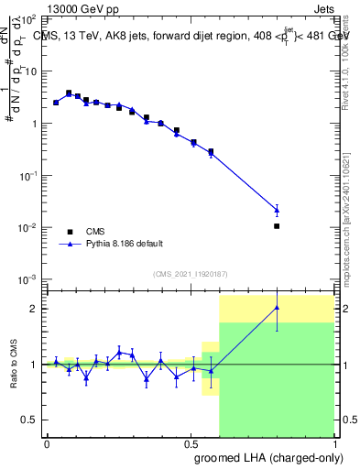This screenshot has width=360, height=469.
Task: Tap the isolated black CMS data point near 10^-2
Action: [x=277, y=225]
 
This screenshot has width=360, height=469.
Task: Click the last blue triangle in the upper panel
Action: [x=277, y=210]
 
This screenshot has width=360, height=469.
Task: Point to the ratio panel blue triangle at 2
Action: [x=277, y=308]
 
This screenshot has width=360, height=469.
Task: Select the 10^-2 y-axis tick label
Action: [x=27, y=227]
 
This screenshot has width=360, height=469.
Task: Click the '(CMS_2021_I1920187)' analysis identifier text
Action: [x=190, y=274]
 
